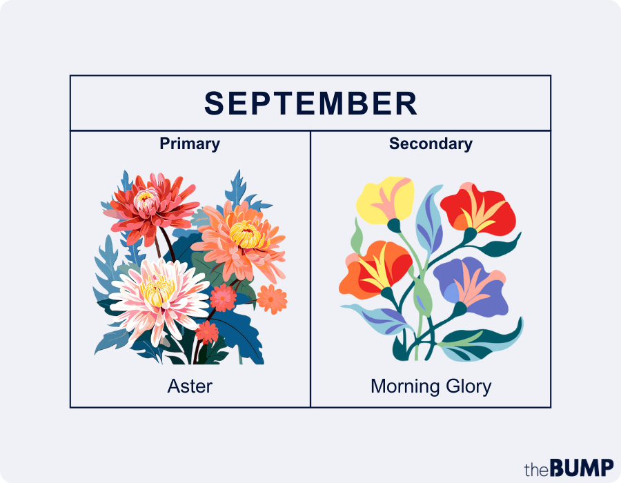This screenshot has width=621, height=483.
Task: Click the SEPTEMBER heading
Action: click(310, 103)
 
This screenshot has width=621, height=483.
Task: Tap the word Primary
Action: click(190, 144)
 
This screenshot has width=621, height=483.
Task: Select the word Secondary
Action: click(431, 144)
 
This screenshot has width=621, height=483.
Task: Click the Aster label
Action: click(190, 386)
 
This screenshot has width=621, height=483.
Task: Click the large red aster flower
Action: click(148, 204)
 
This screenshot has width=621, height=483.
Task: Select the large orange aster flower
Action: click(241, 238)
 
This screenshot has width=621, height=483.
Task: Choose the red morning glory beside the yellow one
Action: click(476, 207)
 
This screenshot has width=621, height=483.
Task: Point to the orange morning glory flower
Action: click(376, 269)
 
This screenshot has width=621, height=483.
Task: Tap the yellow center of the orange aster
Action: click(245, 235)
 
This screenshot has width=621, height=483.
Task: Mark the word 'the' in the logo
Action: click(535, 469)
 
